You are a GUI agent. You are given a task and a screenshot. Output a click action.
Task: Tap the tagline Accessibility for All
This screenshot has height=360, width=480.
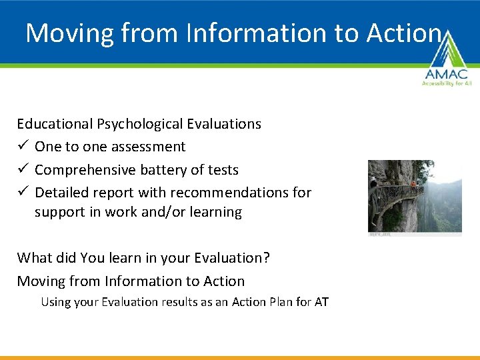pyautogui.click(x=445, y=83)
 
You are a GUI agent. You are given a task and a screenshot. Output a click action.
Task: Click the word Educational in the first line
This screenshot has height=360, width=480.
pyautogui.click(x=55, y=124)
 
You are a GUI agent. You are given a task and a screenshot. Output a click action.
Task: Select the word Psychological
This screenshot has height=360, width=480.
pyautogui.click(x=140, y=124)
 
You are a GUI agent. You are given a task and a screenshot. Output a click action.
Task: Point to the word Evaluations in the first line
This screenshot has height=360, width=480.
pyautogui.click(x=224, y=124)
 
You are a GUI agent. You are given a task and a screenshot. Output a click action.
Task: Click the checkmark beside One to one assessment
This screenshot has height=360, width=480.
pyautogui.click(x=23, y=147)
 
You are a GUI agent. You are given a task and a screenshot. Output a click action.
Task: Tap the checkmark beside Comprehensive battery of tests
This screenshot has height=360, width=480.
pyautogui.click(x=23, y=170)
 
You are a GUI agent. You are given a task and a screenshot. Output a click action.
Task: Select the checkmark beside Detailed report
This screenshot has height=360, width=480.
pyautogui.click(x=23, y=193)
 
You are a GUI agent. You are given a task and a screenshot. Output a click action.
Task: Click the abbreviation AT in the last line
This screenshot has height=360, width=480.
pyautogui.click(x=321, y=302)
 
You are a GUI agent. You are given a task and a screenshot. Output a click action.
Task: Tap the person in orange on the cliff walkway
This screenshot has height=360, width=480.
pyautogui.click(x=413, y=181)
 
